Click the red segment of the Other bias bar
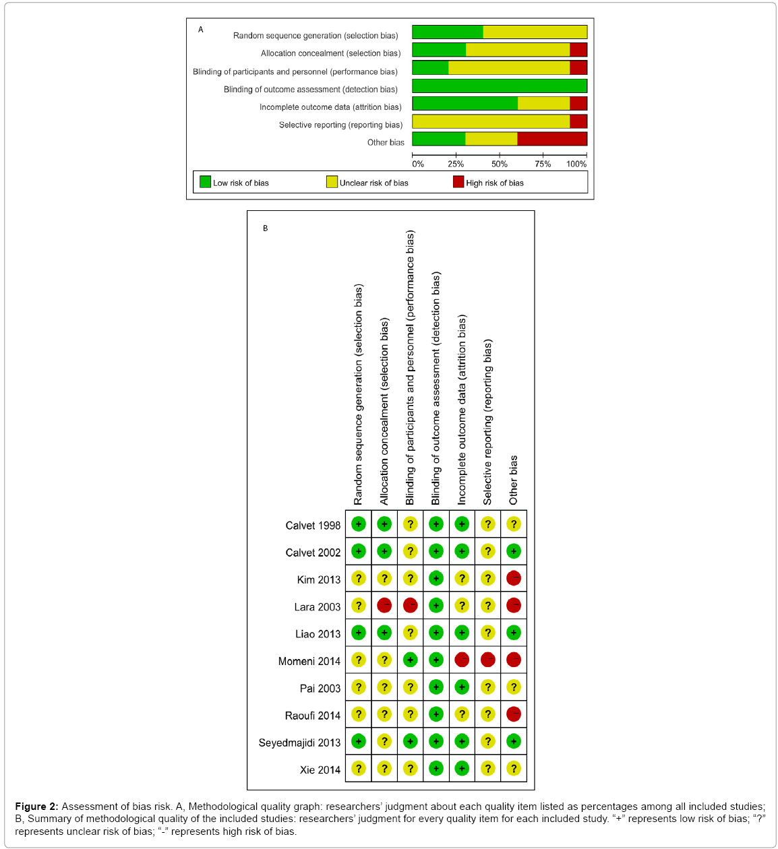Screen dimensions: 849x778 tap(552, 139)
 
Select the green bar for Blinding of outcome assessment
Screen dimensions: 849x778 tap(500, 86)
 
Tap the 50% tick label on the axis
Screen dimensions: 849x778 tap(500, 164)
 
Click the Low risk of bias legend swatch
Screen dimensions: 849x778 tap(206, 182)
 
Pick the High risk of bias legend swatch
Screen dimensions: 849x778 tap(458, 182)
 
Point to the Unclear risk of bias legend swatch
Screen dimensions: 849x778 tap(332, 182)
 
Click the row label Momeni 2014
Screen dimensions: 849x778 tap(309, 662)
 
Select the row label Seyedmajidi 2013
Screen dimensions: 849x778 tap(300, 743)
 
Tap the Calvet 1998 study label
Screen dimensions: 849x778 tap(313, 526)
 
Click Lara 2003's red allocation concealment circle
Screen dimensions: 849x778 tap(384, 606)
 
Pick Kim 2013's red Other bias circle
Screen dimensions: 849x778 tap(514, 578)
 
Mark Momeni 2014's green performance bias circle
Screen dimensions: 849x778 tap(410, 660)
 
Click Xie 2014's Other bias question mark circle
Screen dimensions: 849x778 tap(514, 769)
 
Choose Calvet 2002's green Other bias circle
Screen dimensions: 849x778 tap(514, 551)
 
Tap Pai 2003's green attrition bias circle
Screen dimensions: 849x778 tap(462, 687)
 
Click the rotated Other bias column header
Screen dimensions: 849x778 tap(514, 480)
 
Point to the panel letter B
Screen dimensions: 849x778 tap(266, 228)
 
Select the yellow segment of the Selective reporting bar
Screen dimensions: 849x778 tap(491, 121)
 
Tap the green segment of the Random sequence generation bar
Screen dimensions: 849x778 tap(448, 32)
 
